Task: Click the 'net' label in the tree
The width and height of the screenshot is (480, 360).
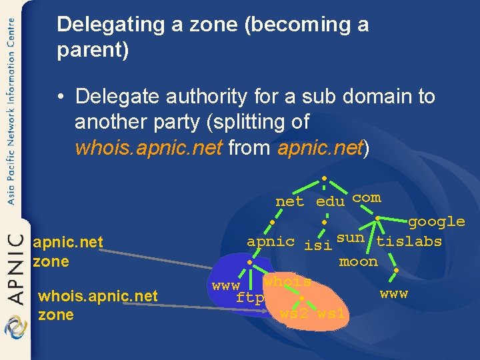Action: click(289, 201)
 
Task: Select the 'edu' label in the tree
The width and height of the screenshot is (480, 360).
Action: click(330, 201)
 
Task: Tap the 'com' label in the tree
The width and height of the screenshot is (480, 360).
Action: click(366, 197)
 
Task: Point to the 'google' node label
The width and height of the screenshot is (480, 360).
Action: click(436, 221)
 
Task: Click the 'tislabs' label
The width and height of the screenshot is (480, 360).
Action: click(409, 241)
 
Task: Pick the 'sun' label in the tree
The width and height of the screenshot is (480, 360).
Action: click(350, 237)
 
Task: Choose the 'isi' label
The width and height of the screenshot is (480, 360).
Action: click(317, 245)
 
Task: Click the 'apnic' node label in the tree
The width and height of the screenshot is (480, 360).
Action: click(270, 241)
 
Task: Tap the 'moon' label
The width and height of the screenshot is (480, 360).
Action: click(358, 261)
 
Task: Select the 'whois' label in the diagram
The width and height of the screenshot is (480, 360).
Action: click(287, 281)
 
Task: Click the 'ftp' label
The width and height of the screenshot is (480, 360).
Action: click(250, 298)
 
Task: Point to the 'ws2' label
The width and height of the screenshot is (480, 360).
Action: click(293, 313)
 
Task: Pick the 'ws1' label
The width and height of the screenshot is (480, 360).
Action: click(331, 313)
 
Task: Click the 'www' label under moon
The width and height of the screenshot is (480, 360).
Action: click(393, 293)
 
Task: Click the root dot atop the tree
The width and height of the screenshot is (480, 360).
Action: click(323, 179)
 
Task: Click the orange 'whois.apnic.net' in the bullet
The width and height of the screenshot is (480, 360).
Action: click(148, 147)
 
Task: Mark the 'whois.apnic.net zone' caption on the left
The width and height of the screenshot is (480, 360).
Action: click(98, 305)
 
